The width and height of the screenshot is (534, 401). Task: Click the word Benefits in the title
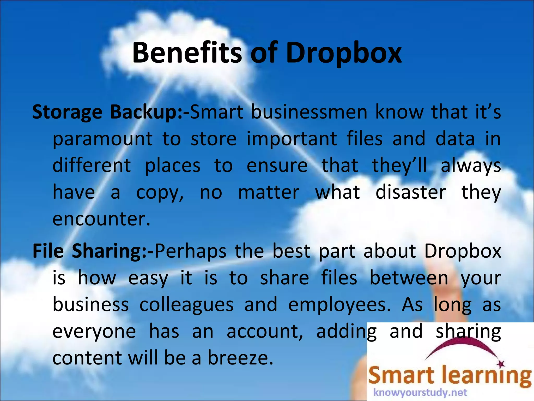click(x=187, y=53)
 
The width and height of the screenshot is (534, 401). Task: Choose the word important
click(x=292, y=139)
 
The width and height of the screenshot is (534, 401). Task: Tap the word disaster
click(x=411, y=193)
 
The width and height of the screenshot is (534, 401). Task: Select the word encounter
click(x=101, y=219)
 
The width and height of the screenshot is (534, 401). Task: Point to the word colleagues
click(x=186, y=305)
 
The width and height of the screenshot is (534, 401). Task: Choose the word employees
click(x=339, y=305)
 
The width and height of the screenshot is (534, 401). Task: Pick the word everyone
click(x=94, y=332)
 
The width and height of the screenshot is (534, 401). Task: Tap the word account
click(x=265, y=332)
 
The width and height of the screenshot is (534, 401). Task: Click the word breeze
click(x=240, y=358)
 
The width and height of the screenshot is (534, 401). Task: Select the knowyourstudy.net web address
click(x=420, y=392)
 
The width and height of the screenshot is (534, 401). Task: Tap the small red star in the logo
click(x=501, y=363)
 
